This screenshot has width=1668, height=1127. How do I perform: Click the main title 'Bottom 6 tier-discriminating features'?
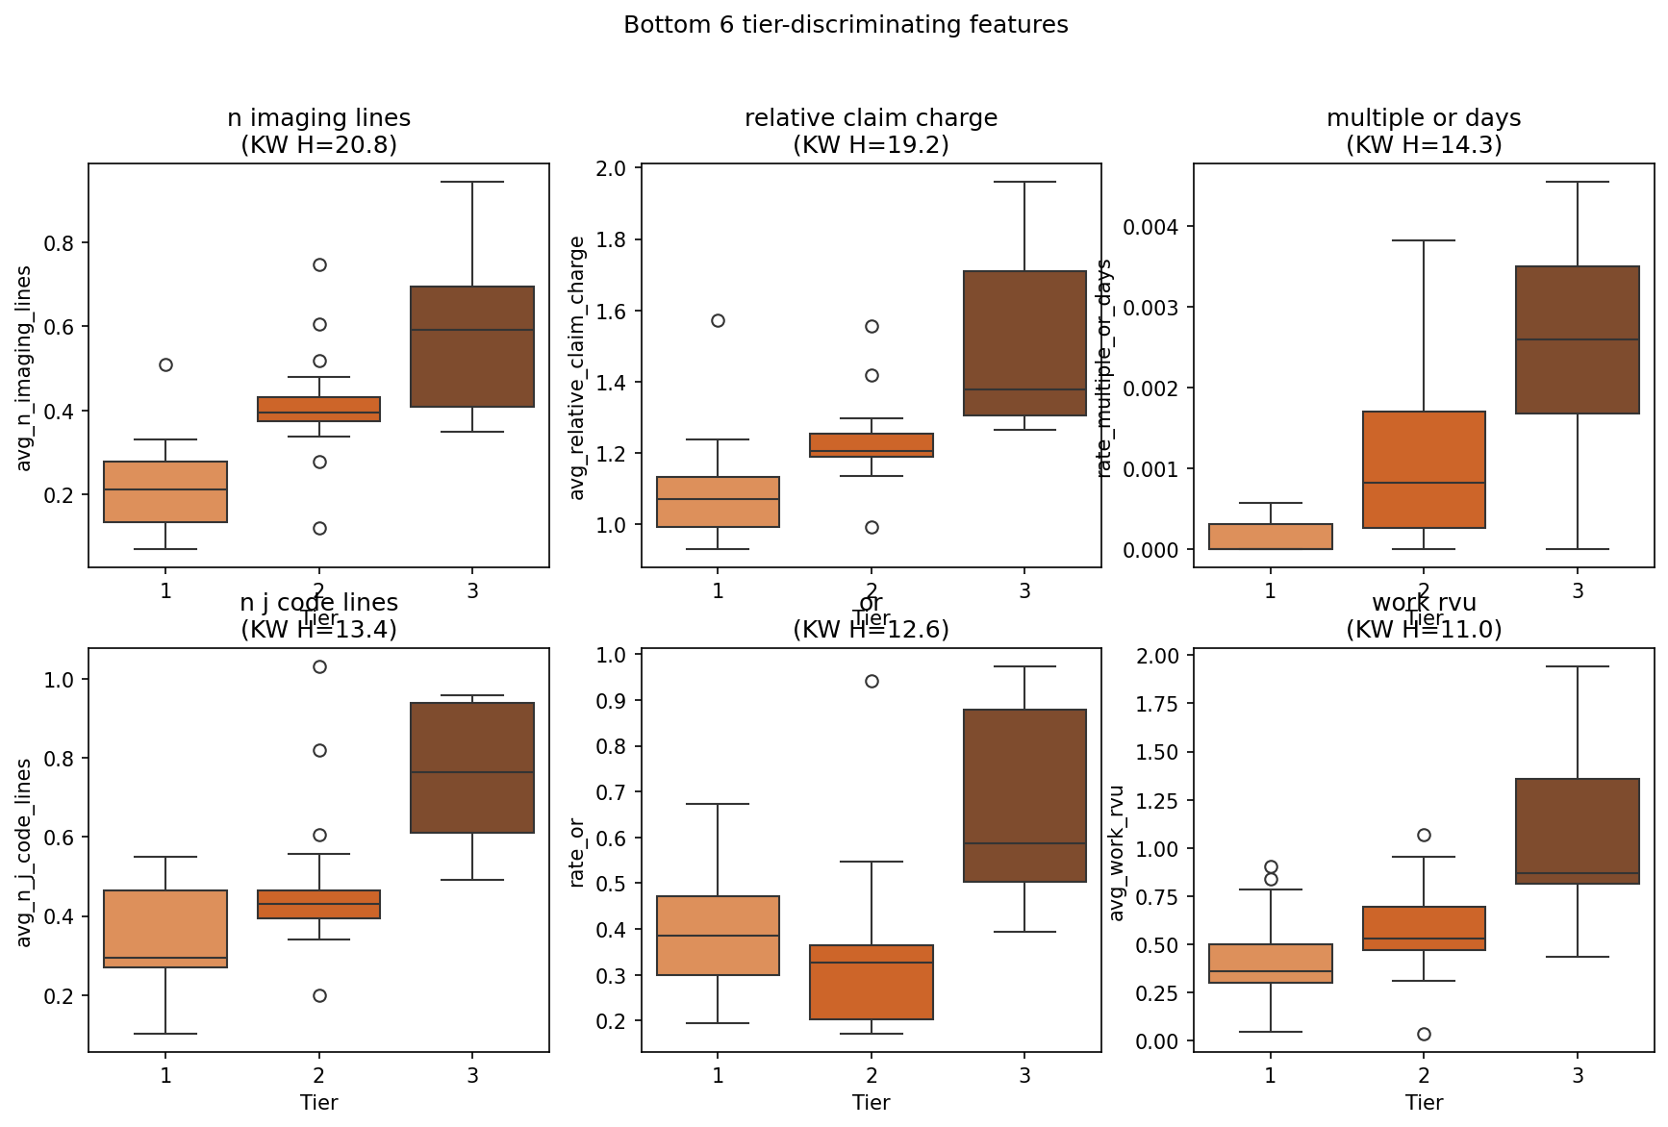pos(846,25)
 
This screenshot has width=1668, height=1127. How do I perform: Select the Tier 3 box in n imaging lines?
pos(472,346)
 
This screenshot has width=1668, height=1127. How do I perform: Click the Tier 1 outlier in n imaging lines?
pos(165,365)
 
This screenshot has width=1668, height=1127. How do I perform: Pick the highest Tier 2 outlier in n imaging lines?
pos(319,265)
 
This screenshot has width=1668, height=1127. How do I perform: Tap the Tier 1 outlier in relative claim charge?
pos(718,321)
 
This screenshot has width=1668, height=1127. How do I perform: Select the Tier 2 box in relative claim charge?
pos(872,445)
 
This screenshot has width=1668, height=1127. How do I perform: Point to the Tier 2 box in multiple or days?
pos(1424,469)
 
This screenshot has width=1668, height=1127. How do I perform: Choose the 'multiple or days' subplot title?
pos(1424,118)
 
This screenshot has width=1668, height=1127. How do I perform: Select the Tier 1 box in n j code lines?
pos(165,929)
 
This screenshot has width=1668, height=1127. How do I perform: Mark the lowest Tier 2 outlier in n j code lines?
pos(319,996)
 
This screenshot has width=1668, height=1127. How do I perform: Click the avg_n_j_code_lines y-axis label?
pos(25,853)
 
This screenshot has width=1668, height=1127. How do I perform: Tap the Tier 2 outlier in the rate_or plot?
pos(872,682)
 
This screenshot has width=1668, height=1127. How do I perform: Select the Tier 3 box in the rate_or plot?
pos(1024,795)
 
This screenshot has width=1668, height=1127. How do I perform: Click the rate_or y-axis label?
pos(577,853)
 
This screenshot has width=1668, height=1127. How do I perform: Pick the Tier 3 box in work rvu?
pos(1578,831)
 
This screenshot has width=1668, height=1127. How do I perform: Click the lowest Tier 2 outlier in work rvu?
pos(1424,1035)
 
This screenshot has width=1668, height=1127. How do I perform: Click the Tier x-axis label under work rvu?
pos(1424,1103)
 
